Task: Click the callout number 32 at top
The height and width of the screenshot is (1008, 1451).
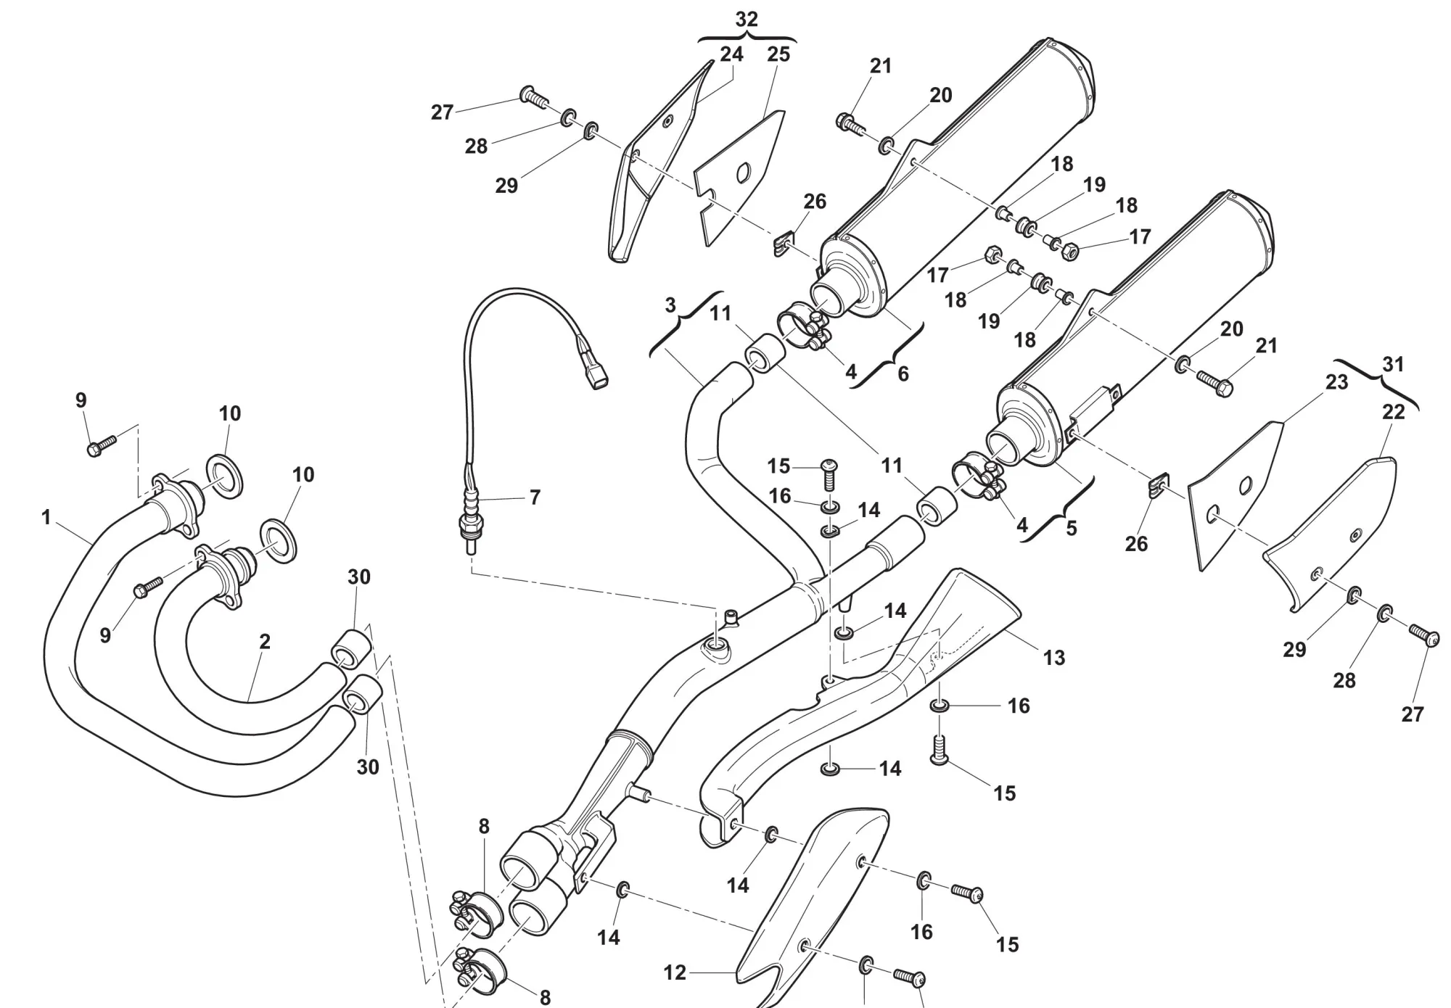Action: coord(746,20)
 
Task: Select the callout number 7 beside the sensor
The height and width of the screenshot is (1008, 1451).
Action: coord(535,498)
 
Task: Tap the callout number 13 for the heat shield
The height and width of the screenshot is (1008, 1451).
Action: coord(1053,658)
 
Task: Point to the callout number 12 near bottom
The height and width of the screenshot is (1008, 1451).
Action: coord(675,972)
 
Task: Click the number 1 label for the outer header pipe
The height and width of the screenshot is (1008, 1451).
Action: coord(46,518)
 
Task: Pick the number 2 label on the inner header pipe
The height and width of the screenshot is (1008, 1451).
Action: coord(265,642)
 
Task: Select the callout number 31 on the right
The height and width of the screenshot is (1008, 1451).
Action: coord(1393,364)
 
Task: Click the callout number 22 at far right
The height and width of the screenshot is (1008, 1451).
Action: coord(1394,412)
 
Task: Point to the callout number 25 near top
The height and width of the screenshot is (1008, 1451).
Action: coord(778,54)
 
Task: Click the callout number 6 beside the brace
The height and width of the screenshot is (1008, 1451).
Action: coord(903,374)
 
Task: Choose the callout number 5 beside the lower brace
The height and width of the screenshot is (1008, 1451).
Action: coord(1072,529)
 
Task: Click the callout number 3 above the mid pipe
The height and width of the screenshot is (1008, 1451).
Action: coord(670,305)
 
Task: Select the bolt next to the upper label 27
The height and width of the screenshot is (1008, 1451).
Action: coord(534,96)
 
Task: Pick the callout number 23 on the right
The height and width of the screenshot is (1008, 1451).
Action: coord(1336,382)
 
